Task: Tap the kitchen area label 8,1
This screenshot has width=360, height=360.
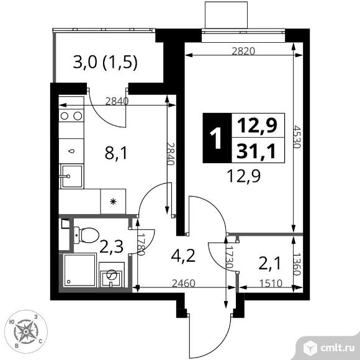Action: click(x=115, y=153)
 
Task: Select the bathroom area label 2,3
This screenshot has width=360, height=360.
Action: click(x=112, y=246)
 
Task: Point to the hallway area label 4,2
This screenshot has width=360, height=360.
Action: click(x=183, y=256)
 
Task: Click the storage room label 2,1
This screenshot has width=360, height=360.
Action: click(x=269, y=264)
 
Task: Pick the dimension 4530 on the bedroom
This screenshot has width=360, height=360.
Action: click(x=297, y=137)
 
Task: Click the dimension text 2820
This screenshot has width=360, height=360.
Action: click(x=243, y=51)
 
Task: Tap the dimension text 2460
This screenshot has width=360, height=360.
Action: click(x=184, y=283)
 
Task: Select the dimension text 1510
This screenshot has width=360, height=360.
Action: click(x=271, y=283)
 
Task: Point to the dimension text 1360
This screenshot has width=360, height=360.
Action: click(x=297, y=264)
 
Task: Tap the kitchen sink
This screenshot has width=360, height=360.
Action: click(x=71, y=176)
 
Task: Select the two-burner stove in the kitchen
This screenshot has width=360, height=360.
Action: click(x=71, y=115)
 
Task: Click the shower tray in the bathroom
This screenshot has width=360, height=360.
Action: click(x=79, y=270)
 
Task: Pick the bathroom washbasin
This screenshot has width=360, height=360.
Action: click(x=112, y=274)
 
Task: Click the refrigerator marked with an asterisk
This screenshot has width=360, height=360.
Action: click(x=113, y=201)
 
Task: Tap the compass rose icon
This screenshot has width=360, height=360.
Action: click(x=26, y=331)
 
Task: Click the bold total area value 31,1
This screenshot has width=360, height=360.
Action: click(x=256, y=151)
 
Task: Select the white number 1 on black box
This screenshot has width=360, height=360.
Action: click(x=216, y=138)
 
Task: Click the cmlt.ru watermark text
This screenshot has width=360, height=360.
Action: click(x=337, y=348)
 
